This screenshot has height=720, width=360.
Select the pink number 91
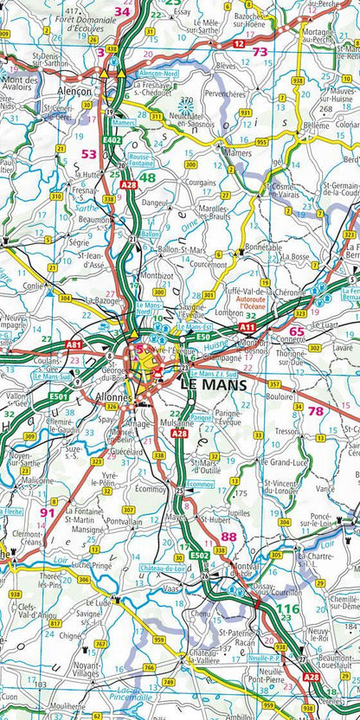coord(48,512)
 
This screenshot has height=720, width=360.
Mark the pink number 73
coord(259,52)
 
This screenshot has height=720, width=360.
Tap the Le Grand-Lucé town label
coord(281,464)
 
